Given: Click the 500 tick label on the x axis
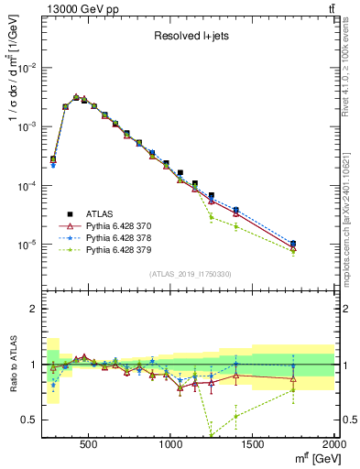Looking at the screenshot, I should pos(89,444).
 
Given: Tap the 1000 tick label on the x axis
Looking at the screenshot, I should pos(171,444).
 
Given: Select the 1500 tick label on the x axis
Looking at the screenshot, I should pos(253,444).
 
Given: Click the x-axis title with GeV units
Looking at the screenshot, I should pos(311,458).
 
